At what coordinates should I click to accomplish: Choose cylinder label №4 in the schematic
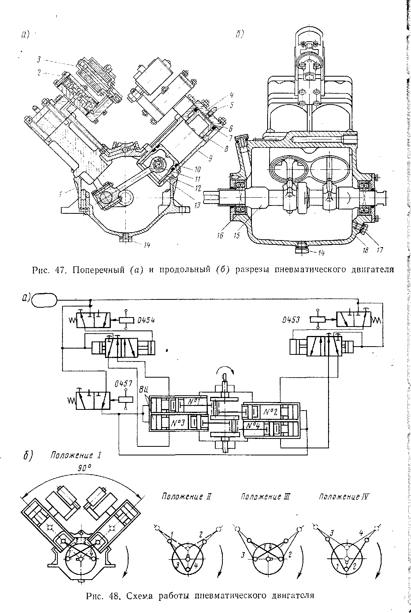click(x=252, y=425)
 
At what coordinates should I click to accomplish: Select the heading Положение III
click(x=265, y=496)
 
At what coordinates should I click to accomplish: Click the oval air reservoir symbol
click(x=44, y=301)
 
